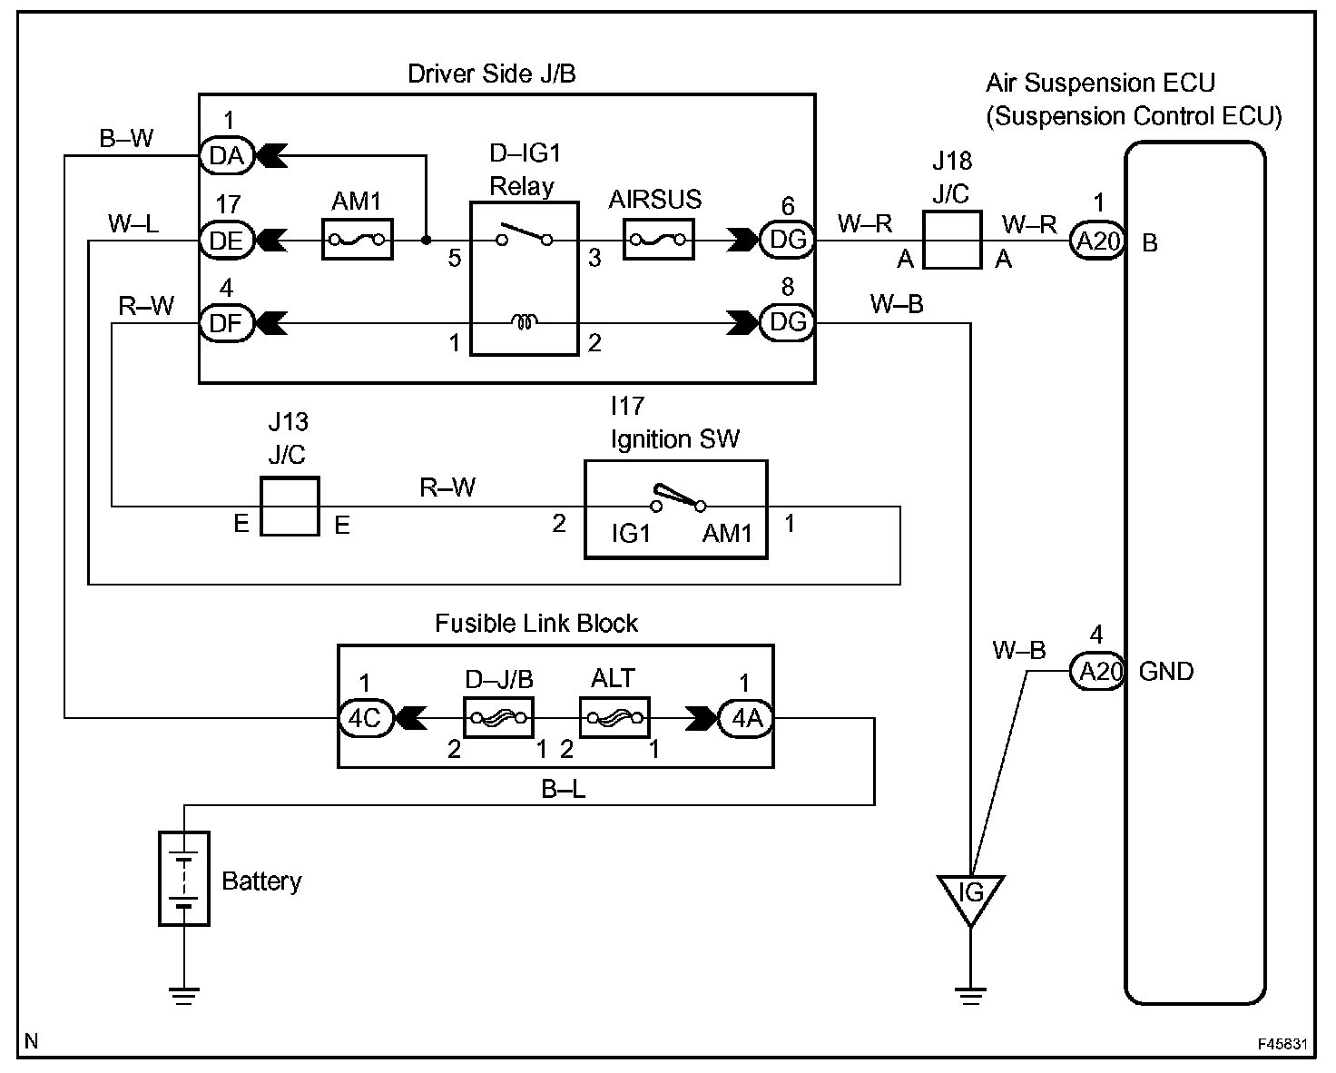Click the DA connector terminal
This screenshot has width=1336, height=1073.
(227, 155)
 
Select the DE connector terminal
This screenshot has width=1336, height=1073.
(227, 241)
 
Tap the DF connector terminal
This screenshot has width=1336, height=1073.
(227, 323)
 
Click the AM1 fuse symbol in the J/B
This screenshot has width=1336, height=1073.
(357, 239)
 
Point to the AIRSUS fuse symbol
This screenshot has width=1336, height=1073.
(658, 239)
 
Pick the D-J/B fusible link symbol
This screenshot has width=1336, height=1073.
(498, 718)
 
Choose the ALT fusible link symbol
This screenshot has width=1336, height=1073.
(614, 718)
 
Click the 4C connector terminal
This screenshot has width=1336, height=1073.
(367, 718)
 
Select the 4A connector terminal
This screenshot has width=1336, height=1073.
(746, 718)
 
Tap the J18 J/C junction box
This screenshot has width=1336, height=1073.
(952, 240)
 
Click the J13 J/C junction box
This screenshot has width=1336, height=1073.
(290, 506)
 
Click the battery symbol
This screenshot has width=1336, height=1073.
(183, 879)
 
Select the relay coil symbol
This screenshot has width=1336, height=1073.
(524, 321)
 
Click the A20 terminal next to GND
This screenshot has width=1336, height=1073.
(1097, 671)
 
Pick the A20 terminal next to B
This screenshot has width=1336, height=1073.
(1097, 241)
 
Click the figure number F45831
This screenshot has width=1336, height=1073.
(1282, 1044)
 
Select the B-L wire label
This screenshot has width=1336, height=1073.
(563, 789)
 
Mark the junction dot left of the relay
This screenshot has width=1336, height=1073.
(426, 240)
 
